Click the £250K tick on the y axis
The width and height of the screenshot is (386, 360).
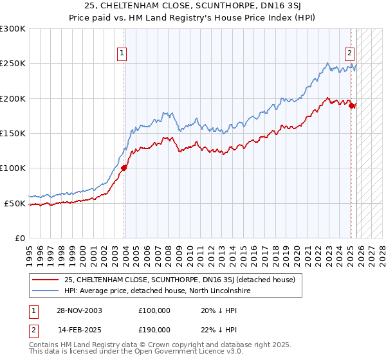coord(13,64)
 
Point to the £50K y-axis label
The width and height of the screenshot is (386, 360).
coord(15,203)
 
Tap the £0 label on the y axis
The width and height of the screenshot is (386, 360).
coord(19,238)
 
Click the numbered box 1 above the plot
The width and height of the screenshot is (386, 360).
coord(122,53)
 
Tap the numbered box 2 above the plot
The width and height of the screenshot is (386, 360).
coord(349,53)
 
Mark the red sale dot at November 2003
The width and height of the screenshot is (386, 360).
coord(124,168)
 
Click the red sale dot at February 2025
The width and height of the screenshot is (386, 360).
coord(352,106)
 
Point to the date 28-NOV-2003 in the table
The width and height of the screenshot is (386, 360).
coord(74,310)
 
